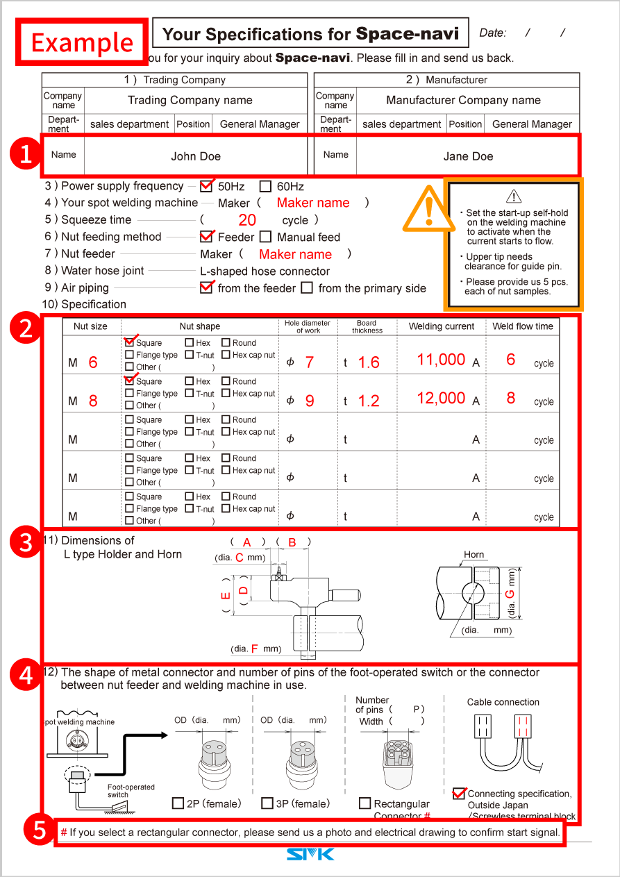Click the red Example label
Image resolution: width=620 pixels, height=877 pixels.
click(x=82, y=42)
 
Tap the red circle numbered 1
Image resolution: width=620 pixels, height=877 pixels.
click(x=26, y=154)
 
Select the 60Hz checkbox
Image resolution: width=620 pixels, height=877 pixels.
click(x=265, y=186)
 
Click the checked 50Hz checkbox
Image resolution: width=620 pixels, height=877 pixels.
click(x=206, y=186)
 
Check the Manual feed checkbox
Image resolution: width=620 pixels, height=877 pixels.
click(x=265, y=237)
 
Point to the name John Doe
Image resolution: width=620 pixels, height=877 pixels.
click(x=196, y=156)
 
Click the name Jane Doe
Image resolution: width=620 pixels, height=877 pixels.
click(x=468, y=156)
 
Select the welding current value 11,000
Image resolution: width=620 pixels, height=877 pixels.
click(x=441, y=360)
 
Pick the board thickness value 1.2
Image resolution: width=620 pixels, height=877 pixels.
click(x=369, y=401)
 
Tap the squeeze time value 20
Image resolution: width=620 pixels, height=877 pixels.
click(x=246, y=221)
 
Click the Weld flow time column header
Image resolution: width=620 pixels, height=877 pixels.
click(x=523, y=326)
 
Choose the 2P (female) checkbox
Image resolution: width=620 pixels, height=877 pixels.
click(x=178, y=803)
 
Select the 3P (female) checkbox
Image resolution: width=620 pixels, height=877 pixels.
click(x=267, y=803)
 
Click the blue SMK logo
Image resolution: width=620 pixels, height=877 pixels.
click(x=310, y=853)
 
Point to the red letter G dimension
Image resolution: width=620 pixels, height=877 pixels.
click(x=510, y=594)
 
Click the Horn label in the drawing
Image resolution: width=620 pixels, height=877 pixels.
click(x=474, y=555)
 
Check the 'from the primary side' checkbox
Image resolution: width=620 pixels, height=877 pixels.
click(x=307, y=287)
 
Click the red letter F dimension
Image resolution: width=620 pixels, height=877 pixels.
click(x=255, y=649)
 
